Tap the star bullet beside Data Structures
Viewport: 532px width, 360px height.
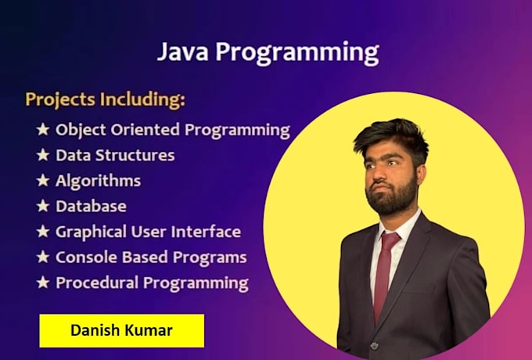pyautogui.click(x=43, y=155)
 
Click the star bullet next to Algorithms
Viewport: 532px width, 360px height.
pyautogui.click(x=43, y=181)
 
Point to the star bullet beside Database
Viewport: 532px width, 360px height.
pyautogui.click(x=43, y=207)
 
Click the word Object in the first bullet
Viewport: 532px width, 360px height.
pyautogui.click(x=81, y=130)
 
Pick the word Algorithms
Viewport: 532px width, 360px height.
pyautogui.click(x=98, y=181)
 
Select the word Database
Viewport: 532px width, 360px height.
pyautogui.click(x=91, y=207)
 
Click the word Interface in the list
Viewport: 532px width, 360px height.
pyautogui.click(x=206, y=232)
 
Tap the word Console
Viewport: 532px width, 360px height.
pyautogui.click(x=84, y=257)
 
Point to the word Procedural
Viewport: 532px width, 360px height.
pyautogui.click(x=92, y=283)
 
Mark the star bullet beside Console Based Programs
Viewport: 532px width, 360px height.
pyautogui.click(x=43, y=257)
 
